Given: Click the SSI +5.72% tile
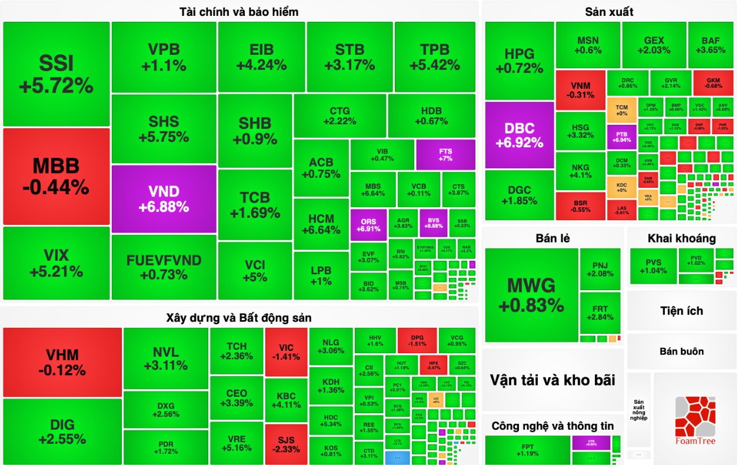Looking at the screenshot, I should (56, 74).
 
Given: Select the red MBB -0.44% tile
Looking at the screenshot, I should (56, 176).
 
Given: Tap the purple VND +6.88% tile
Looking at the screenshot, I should (164, 198).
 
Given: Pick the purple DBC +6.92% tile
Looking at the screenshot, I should (520, 135).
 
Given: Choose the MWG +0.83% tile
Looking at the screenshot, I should (531, 295).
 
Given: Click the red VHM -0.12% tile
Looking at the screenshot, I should (62, 362).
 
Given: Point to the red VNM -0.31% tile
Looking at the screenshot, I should (580, 89).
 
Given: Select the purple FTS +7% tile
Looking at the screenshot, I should (445, 154).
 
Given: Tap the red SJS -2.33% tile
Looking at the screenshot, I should (286, 444).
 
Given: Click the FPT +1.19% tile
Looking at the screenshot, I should (528, 450).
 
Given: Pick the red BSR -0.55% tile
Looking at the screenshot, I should (580, 206).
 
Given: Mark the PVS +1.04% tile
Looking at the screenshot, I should (653, 266).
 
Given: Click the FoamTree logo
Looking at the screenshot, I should (695, 420).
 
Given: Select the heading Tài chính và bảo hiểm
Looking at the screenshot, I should (239, 12).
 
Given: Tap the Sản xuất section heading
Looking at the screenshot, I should (609, 12).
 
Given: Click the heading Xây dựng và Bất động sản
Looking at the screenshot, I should (239, 318).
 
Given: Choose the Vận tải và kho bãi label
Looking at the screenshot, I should (552, 380).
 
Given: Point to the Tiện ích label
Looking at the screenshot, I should (681, 311).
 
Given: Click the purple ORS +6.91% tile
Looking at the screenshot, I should (368, 224).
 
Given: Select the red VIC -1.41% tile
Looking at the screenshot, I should (286, 352).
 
